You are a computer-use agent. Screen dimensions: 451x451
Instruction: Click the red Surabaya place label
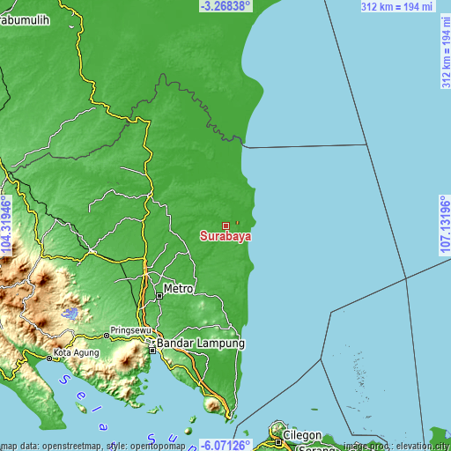tap(225, 236)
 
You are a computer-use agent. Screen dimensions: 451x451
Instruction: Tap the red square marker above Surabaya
tap(225, 225)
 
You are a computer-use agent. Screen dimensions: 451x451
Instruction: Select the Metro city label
tap(178, 289)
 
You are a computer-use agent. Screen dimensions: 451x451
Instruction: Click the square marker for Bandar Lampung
tap(152, 350)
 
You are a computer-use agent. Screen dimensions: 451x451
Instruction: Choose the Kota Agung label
tap(75, 354)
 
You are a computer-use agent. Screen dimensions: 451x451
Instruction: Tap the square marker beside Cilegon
tap(279, 432)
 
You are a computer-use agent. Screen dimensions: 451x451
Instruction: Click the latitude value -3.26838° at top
tap(225, 5)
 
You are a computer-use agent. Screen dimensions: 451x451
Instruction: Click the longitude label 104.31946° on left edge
tap(6, 225)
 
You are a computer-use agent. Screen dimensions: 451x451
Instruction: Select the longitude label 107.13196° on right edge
tap(445, 225)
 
